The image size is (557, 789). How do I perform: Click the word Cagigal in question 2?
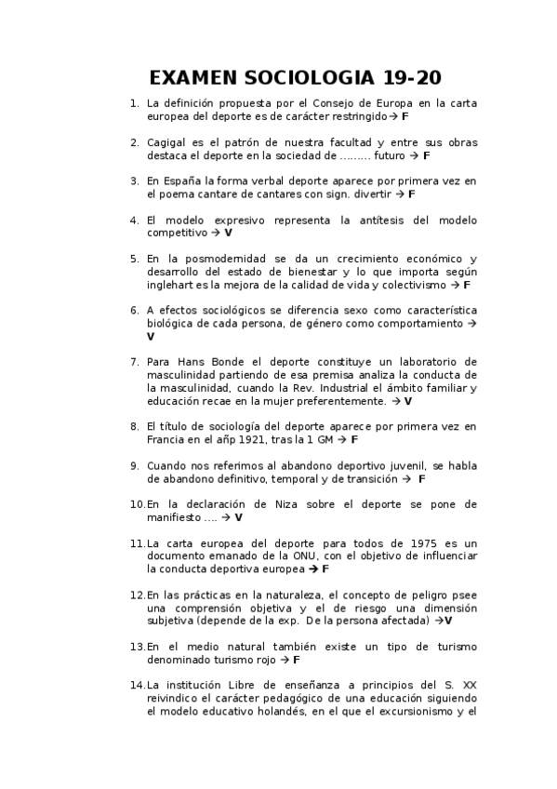pos(166,142)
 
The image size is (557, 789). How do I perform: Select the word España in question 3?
pos(184,181)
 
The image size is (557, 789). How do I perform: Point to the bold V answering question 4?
pos(228,233)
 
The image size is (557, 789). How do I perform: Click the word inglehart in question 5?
pos(170,285)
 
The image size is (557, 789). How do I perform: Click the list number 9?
pos(135,465)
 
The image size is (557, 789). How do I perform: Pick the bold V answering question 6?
pos(151,336)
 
